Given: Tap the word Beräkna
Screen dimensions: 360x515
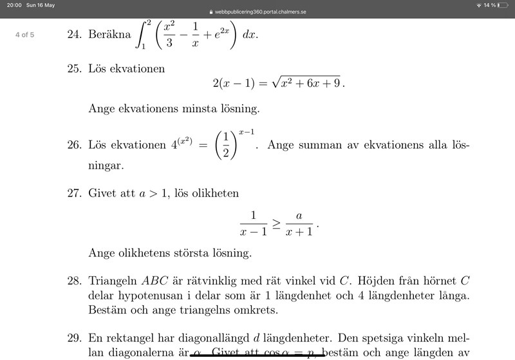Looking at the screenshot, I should pos(110,35).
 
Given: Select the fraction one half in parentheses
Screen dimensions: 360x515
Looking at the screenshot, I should pos(222,146).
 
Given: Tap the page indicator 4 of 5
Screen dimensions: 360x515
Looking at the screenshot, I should pos(24,35).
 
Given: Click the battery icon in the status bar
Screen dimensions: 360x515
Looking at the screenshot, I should pos(503,5).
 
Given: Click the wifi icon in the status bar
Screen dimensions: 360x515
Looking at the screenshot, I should pos(479,5).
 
